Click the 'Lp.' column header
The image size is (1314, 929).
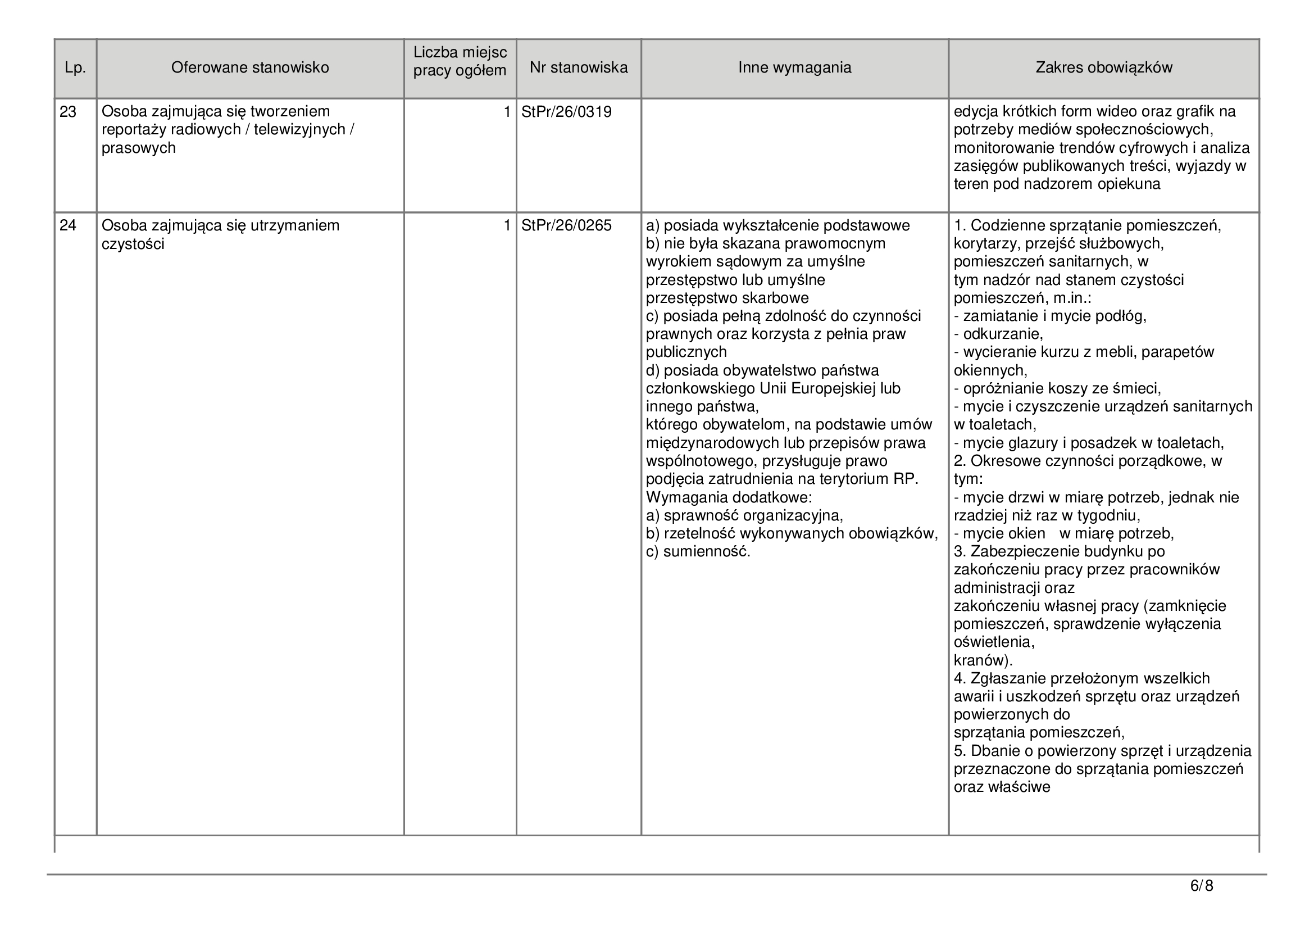75,68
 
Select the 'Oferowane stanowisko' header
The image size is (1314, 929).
250,68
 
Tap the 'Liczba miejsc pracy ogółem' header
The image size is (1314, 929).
460,62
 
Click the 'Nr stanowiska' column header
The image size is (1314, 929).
579,68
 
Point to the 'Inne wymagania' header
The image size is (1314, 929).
794,68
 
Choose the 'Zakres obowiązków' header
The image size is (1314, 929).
1104,68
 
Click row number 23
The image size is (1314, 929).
68,112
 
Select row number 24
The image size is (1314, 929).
68,226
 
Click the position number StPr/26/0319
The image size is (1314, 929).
567,112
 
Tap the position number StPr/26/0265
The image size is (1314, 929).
567,226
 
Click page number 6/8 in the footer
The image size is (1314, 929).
1201,887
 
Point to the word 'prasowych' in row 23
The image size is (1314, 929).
139,148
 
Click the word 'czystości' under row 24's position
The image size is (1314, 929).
133,244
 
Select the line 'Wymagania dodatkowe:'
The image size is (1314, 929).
729,497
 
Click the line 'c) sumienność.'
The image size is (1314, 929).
698,552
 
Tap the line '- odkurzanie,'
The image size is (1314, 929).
998,334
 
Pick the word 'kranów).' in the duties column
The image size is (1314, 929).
983,660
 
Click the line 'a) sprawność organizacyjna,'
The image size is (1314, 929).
744,516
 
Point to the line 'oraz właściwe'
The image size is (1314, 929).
1002,787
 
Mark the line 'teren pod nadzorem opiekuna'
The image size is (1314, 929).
1057,184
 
